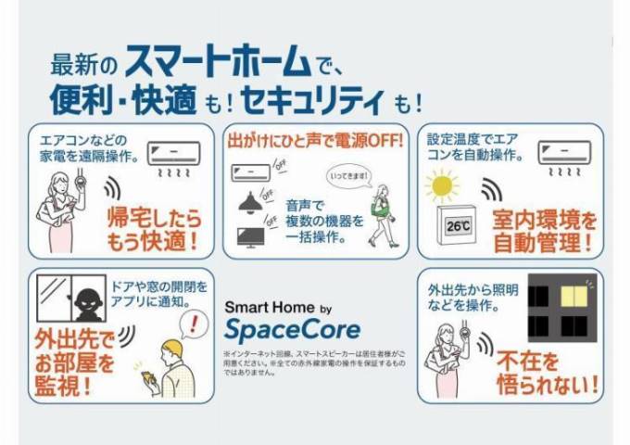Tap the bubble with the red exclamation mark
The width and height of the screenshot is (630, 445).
[x=192, y=324]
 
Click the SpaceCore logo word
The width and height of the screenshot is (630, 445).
[x=292, y=328]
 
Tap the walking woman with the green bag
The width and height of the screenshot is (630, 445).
[x=380, y=213]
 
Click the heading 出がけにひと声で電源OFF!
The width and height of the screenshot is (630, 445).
[x=315, y=142]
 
